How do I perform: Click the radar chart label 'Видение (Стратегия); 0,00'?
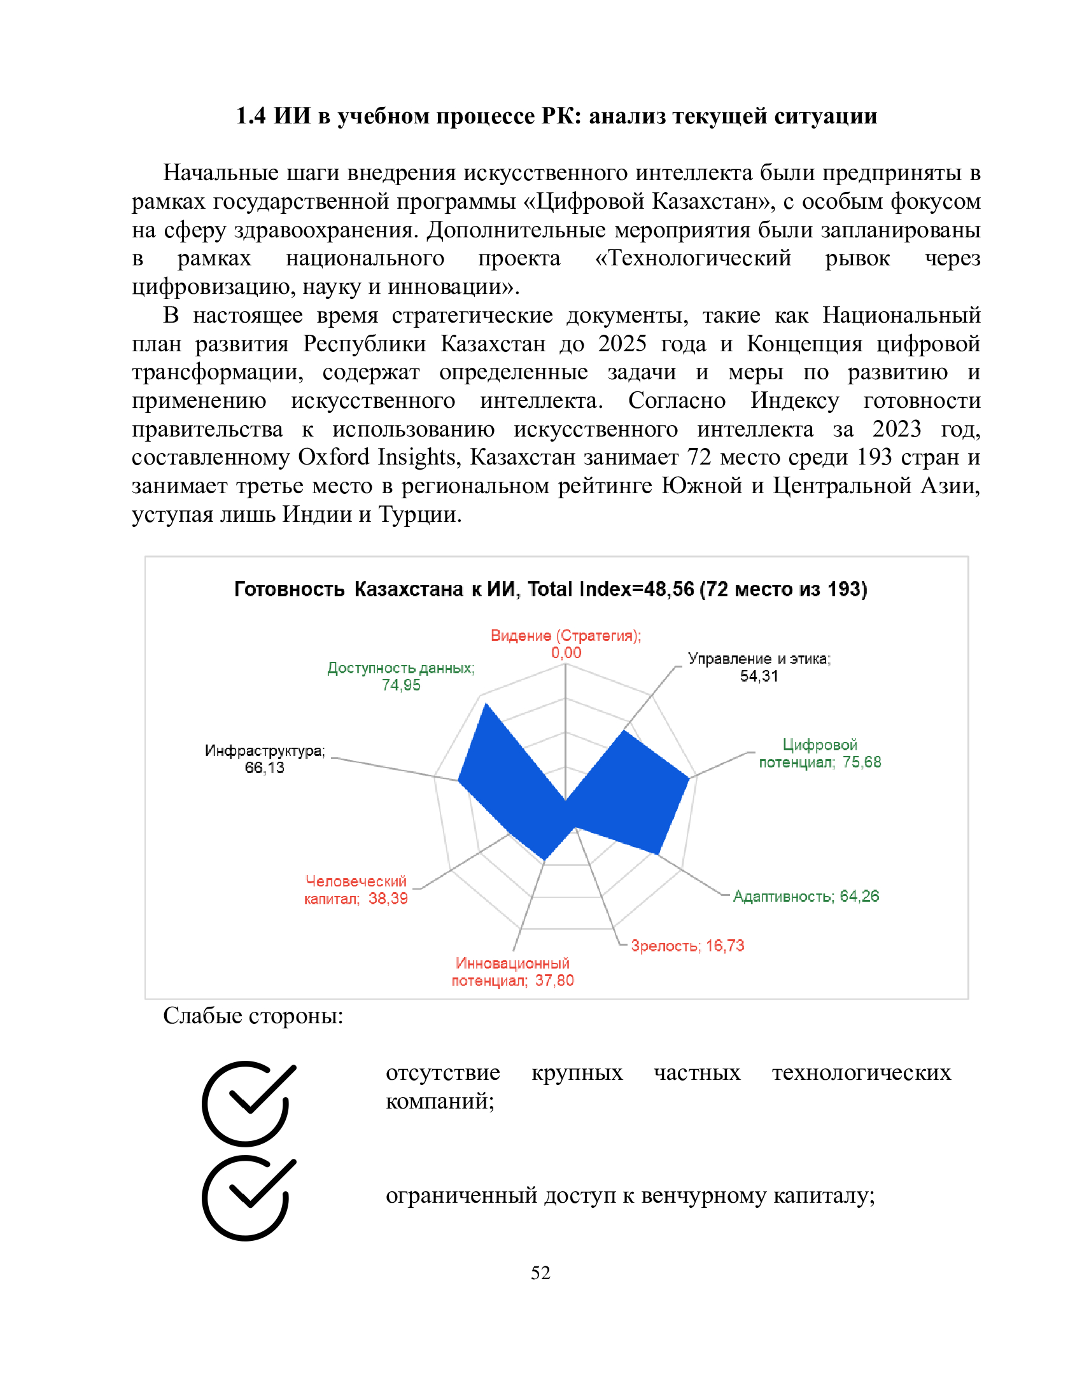[565, 643]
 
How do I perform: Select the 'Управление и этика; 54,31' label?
[758, 667]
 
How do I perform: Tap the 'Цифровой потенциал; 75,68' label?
[819, 753]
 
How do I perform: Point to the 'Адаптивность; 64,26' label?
[805, 895]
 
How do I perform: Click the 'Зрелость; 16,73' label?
[687, 946]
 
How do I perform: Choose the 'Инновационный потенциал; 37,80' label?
[512, 972]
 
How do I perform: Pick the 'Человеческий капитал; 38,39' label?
[356, 890]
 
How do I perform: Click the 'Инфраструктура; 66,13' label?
[265, 759]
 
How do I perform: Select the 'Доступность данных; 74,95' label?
[400, 676]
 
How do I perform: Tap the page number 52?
[540, 1273]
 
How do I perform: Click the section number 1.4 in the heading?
[250, 116]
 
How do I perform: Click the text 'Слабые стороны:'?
[253, 1016]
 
